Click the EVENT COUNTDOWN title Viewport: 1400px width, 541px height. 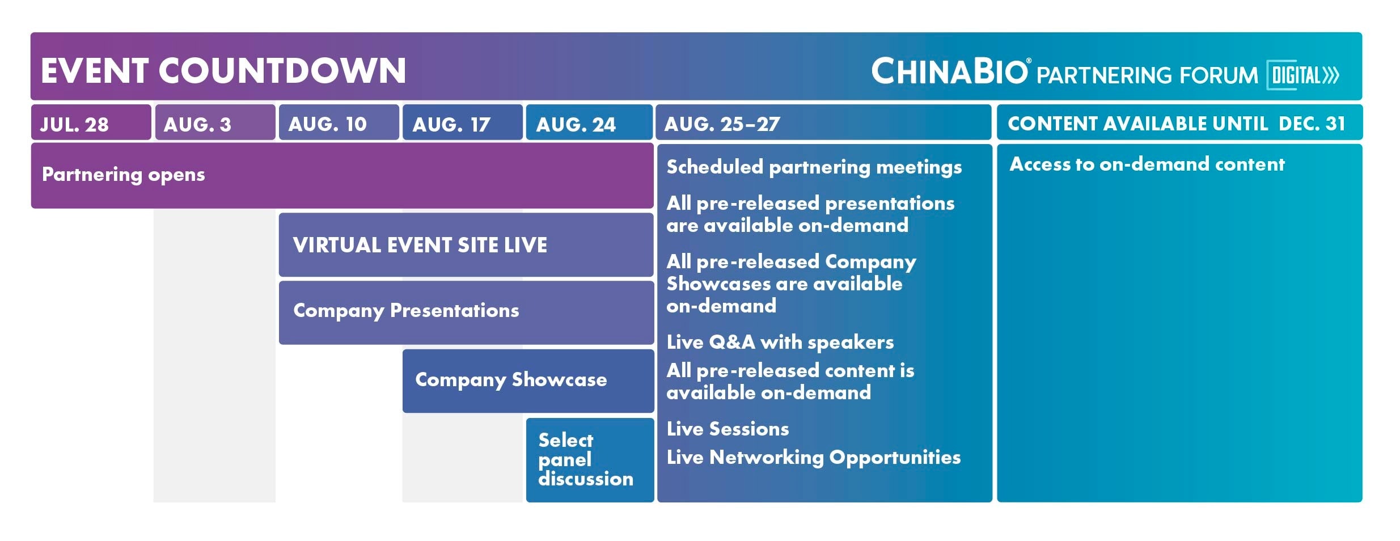[223, 71]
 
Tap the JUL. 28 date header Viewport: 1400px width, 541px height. [74, 124]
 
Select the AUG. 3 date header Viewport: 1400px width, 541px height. [197, 124]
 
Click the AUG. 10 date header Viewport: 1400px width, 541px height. [327, 124]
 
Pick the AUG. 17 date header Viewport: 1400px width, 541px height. [451, 124]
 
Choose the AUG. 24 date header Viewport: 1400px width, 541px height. [576, 124]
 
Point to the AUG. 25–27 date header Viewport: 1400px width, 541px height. [722, 124]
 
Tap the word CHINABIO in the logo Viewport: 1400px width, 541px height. [950, 71]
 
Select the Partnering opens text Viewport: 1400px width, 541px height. [124, 175]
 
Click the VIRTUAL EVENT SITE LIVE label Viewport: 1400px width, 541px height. [420, 245]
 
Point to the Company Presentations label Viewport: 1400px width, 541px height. [406, 311]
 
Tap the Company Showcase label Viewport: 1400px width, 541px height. [511, 380]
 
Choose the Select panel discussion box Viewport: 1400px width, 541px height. [590, 460]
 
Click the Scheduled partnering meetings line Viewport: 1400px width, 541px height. [814, 167]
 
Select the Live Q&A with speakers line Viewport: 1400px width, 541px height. [780, 343]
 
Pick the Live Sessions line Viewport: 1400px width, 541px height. [728, 429]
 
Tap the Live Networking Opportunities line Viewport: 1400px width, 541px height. [814, 458]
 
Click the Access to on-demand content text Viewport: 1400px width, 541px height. [1147, 164]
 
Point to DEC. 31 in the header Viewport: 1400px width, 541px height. [1312, 124]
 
